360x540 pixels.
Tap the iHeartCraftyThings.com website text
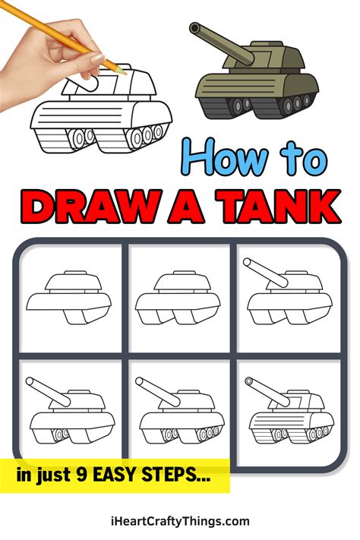tap(180, 521)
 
